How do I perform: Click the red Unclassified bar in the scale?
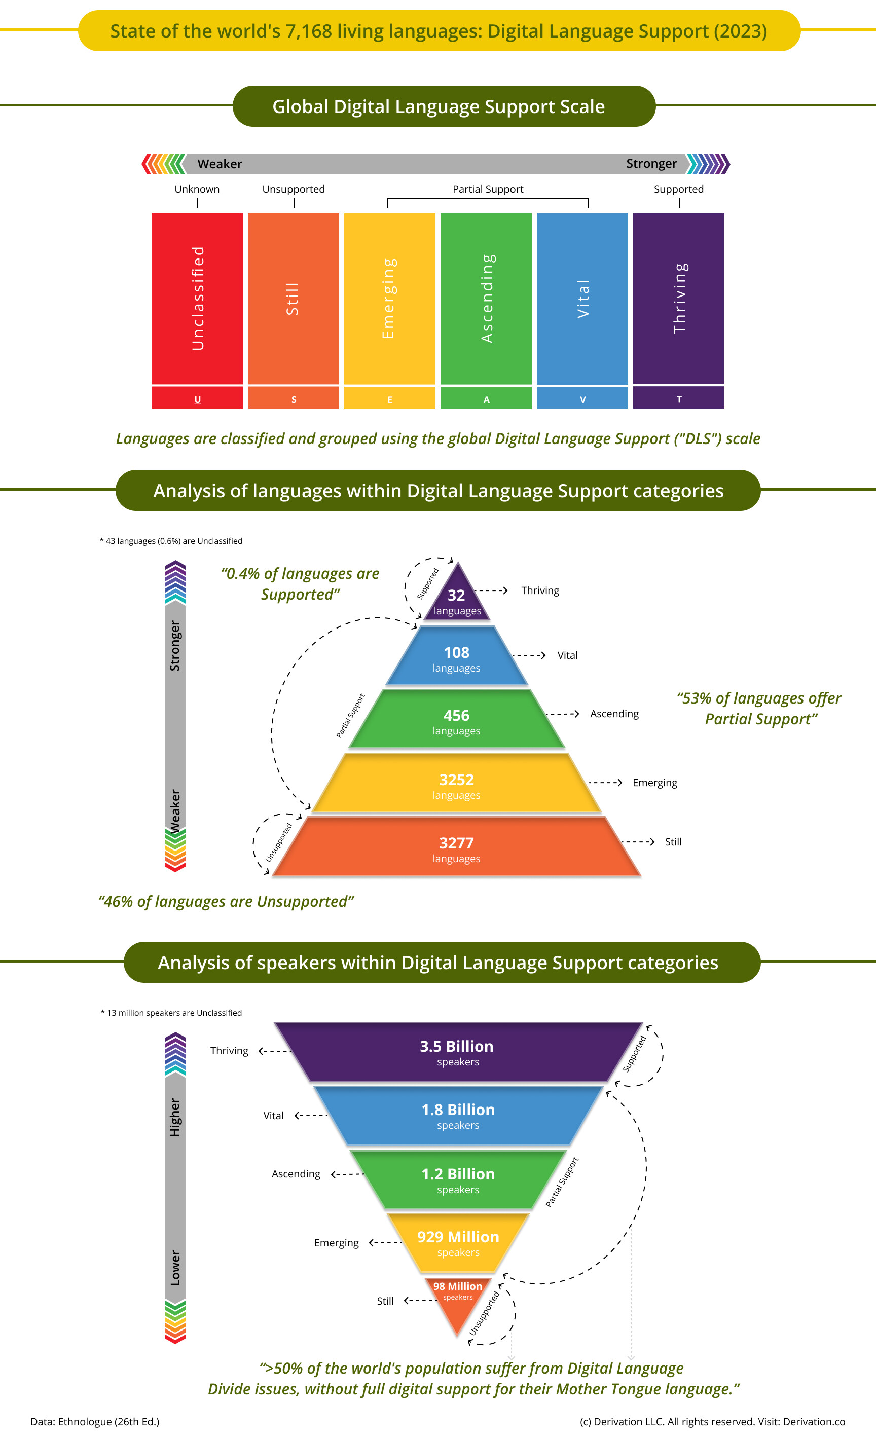pos(197,298)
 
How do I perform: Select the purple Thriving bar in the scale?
pos(678,298)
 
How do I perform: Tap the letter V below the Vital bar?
pos(582,400)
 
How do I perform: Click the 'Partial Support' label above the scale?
pos(488,189)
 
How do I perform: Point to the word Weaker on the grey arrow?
pos(220,164)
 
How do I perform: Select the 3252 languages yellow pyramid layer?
pos(456,784)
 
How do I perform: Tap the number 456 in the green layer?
pos(456,715)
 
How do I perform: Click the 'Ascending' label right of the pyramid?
pos(614,714)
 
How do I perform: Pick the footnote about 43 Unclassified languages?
pos(171,541)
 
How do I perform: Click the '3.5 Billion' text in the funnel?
pos(457,1046)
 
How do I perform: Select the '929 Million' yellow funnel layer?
pos(458,1242)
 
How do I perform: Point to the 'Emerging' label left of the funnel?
pos(336,1243)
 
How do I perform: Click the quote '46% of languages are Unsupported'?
pos(226,901)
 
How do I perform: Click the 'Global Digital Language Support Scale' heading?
pos(439,106)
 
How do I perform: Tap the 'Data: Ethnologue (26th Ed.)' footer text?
pos(95,1422)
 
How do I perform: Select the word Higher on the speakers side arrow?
pos(175,1117)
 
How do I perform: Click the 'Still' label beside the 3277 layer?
pos(673,842)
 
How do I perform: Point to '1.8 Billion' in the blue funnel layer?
pos(458,1110)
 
